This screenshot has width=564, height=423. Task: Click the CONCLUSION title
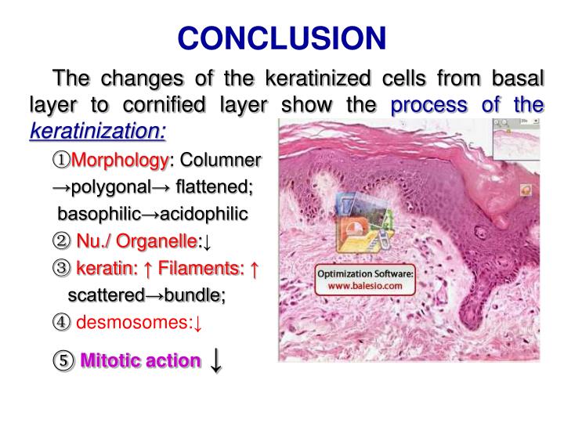click(281, 37)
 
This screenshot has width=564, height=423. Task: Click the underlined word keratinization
click(98, 130)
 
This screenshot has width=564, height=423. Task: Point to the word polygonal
click(109, 187)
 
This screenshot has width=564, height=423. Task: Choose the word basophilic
click(99, 214)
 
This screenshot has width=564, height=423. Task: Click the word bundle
click(196, 295)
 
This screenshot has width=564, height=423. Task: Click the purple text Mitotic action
click(140, 360)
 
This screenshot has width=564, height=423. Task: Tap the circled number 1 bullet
click(60, 160)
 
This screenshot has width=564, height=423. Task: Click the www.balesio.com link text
click(365, 287)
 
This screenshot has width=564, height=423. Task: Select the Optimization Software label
click(365, 274)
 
